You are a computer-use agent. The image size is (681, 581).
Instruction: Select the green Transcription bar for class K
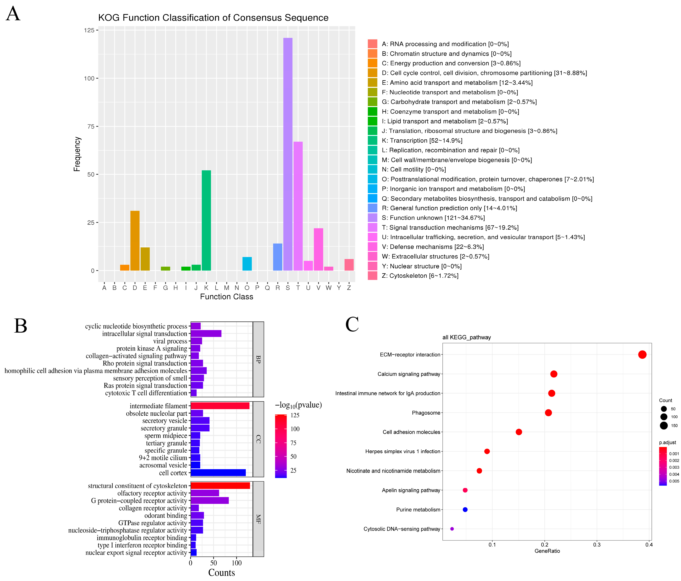pyautogui.click(x=206, y=220)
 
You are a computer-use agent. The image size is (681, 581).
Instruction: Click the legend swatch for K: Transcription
pyautogui.click(x=372, y=140)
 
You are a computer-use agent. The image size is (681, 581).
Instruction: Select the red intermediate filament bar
pyautogui.click(x=220, y=406)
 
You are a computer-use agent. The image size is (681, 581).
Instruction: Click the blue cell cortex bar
pyautogui.click(x=218, y=473)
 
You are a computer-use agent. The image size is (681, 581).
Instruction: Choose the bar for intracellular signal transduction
pyautogui.click(x=206, y=333)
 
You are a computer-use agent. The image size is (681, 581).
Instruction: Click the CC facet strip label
pyautogui.click(x=258, y=439)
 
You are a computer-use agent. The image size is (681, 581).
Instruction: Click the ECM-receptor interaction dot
pyautogui.click(x=642, y=355)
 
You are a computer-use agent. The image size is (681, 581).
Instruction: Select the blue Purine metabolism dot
pyautogui.click(x=465, y=509)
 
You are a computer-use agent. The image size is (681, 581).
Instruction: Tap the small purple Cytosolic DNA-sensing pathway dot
pyautogui.click(x=452, y=529)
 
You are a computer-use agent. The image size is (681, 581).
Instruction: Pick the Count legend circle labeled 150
pyautogui.click(x=664, y=426)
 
